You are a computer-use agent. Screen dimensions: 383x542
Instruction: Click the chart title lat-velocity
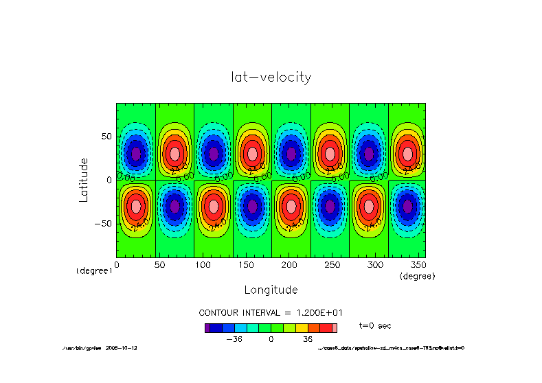(x=271, y=78)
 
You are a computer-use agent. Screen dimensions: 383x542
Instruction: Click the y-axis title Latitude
(x=84, y=179)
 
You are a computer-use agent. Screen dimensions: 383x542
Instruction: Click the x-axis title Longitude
(x=271, y=290)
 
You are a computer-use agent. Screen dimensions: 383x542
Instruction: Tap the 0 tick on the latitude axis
(x=109, y=180)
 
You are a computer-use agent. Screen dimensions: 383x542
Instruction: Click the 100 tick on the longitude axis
(x=194, y=264)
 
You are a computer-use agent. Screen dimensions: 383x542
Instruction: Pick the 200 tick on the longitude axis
(x=271, y=264)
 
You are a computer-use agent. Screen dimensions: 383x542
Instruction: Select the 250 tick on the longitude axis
(x=310, y=264)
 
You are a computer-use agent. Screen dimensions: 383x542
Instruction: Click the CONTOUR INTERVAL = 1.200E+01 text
(x=271, y=312)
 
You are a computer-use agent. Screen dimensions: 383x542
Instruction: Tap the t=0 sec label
(x=375, y=325)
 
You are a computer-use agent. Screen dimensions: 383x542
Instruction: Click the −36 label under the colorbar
(x=234, y=339)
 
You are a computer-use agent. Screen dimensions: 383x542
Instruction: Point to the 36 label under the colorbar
(x=308, y=339)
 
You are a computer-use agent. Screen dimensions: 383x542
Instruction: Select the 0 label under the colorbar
(x=271, y=339)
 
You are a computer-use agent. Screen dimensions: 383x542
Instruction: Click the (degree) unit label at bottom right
(x=418, y=276)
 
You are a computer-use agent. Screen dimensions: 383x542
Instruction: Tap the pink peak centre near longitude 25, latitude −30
(x=136, y=206)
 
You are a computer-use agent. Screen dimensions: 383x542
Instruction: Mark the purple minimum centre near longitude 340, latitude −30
(x=408, y=206)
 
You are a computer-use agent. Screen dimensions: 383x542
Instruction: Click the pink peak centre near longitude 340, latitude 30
(x=408, y=154)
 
